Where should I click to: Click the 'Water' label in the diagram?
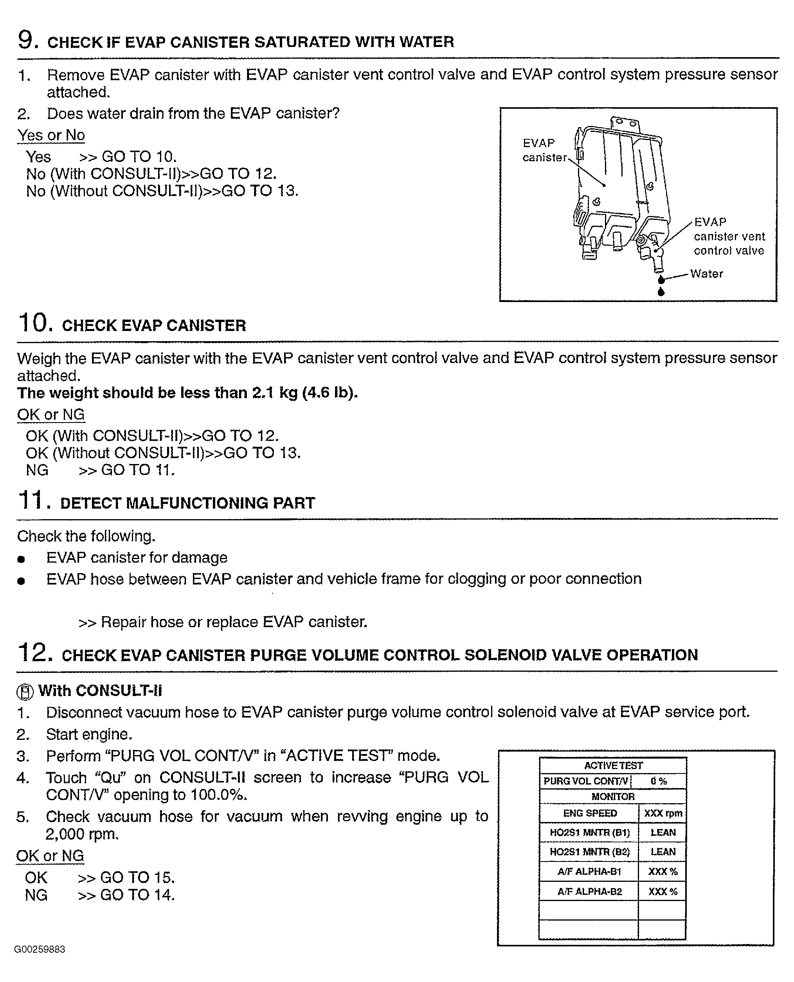(706, 274)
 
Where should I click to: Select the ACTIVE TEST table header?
(613, 765)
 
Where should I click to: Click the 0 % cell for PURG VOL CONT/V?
(659, 781)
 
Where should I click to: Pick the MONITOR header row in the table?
(613, 797)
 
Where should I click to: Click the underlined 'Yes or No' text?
(51, 135)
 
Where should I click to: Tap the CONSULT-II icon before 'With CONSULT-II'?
(25, 692)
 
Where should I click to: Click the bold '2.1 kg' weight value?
(275, 393)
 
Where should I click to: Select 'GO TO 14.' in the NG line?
(137, 895)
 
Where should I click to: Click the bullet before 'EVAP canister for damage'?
(21, 559)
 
